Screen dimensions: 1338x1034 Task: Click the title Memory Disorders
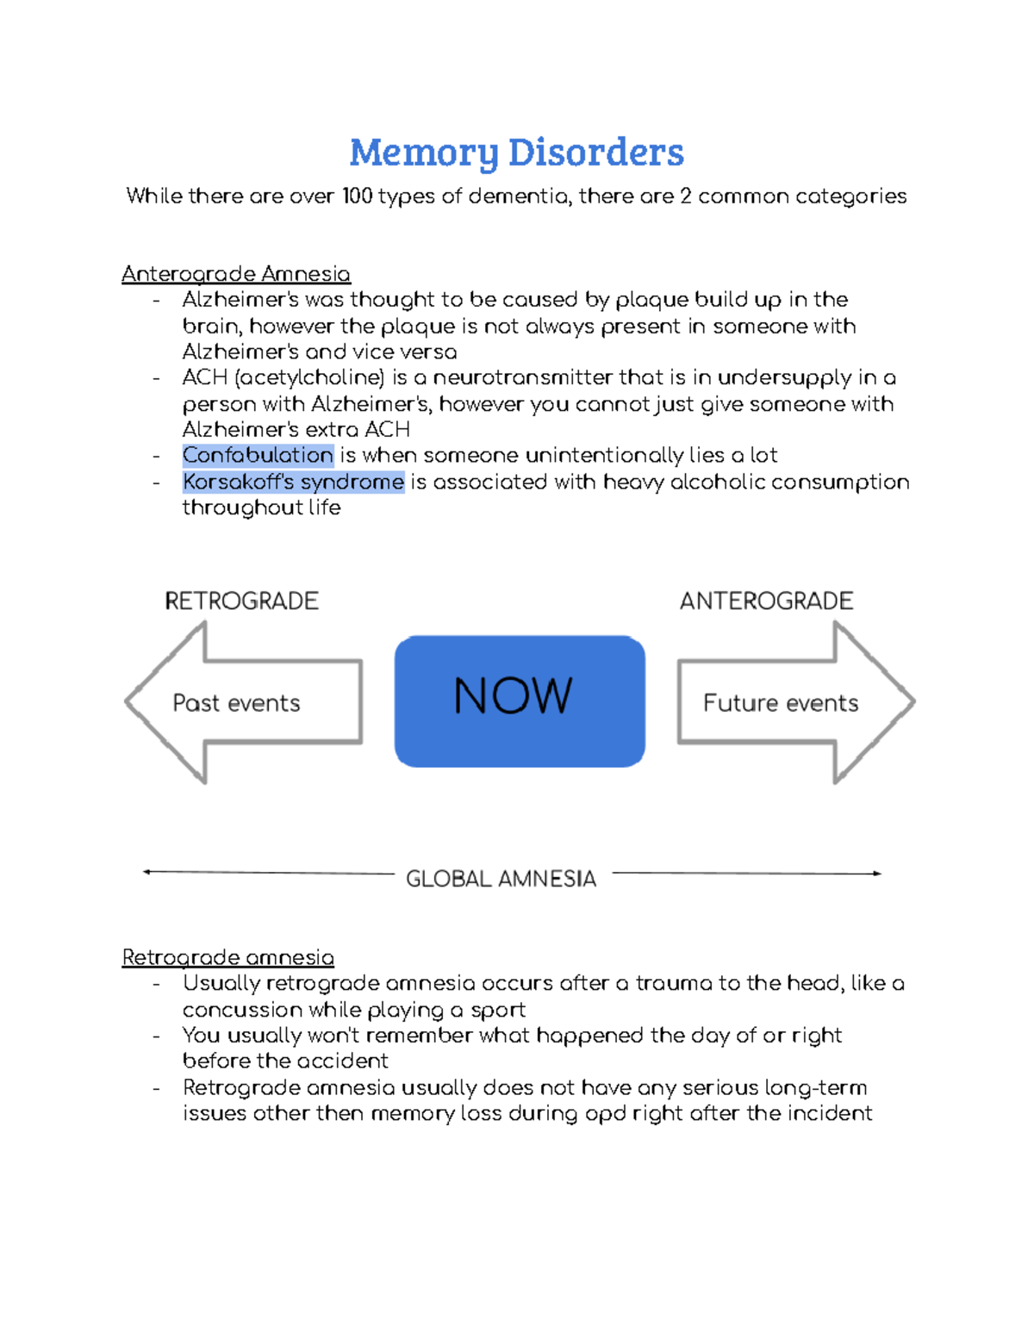click(516, 152)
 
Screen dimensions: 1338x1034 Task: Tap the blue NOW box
click(520, 700)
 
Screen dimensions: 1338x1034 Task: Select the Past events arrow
click(244, 703)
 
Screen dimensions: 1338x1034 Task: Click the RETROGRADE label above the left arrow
click(241, 601)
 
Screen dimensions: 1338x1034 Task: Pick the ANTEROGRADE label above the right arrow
click(766, 601)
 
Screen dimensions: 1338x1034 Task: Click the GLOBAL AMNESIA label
click(501, 879)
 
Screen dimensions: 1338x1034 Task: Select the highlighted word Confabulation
click(258, 455)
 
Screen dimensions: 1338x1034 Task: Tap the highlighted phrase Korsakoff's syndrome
click(293, 482)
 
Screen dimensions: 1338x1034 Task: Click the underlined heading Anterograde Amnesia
click(235, 274)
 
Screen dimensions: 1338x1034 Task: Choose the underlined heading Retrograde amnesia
click(227, 957)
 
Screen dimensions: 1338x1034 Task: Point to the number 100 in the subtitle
click(357, 196)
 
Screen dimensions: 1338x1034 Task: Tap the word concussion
click(242, 1010)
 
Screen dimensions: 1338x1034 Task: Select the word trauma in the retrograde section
click(668, 983)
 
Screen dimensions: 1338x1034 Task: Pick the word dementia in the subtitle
click(518, 196)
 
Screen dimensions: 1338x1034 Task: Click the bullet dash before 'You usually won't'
click(156, 1036)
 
